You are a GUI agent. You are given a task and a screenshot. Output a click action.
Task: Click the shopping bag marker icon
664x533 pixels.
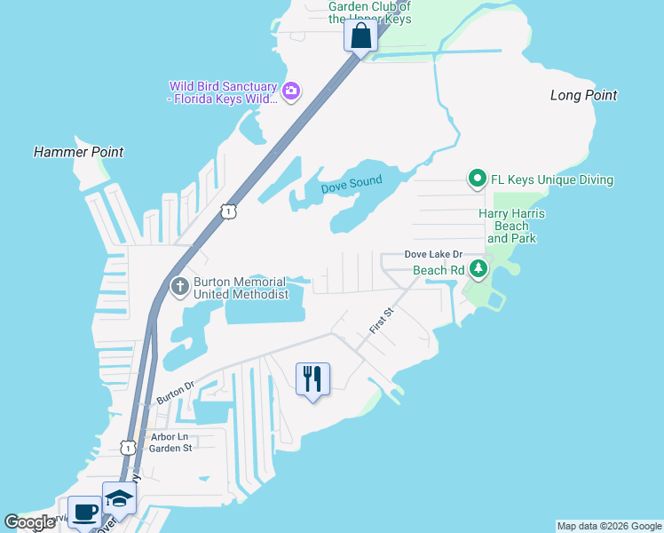tap(360, 37)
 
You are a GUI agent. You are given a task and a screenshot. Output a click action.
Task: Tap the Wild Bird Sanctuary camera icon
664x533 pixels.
tap(290, 91)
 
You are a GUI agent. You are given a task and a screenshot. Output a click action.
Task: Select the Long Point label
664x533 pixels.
tap(583, 95)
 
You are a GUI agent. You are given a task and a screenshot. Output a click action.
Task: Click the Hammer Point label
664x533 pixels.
tap(78, 152)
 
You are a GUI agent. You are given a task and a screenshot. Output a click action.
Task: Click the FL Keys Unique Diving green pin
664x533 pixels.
tap(477, 179)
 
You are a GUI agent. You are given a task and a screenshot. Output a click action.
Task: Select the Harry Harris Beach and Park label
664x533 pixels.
tap(511, 226)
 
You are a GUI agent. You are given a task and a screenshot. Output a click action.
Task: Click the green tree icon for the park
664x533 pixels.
tap(479, 268)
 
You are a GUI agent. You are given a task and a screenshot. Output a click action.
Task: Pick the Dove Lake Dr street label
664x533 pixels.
tap(434, 254)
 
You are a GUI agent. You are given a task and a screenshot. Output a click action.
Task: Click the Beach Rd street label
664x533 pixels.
tap(439, 269)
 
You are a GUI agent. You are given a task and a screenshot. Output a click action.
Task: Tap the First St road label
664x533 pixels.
tap(382, 321)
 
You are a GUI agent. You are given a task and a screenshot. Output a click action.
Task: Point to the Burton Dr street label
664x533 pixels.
tap(176, 392)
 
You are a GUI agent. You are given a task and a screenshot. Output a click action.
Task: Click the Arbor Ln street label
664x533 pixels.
tap(170, 436)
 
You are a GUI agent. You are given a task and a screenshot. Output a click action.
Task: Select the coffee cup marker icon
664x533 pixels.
tap(84, 512)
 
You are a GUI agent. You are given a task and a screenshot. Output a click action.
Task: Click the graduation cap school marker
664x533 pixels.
tap(119, 498)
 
